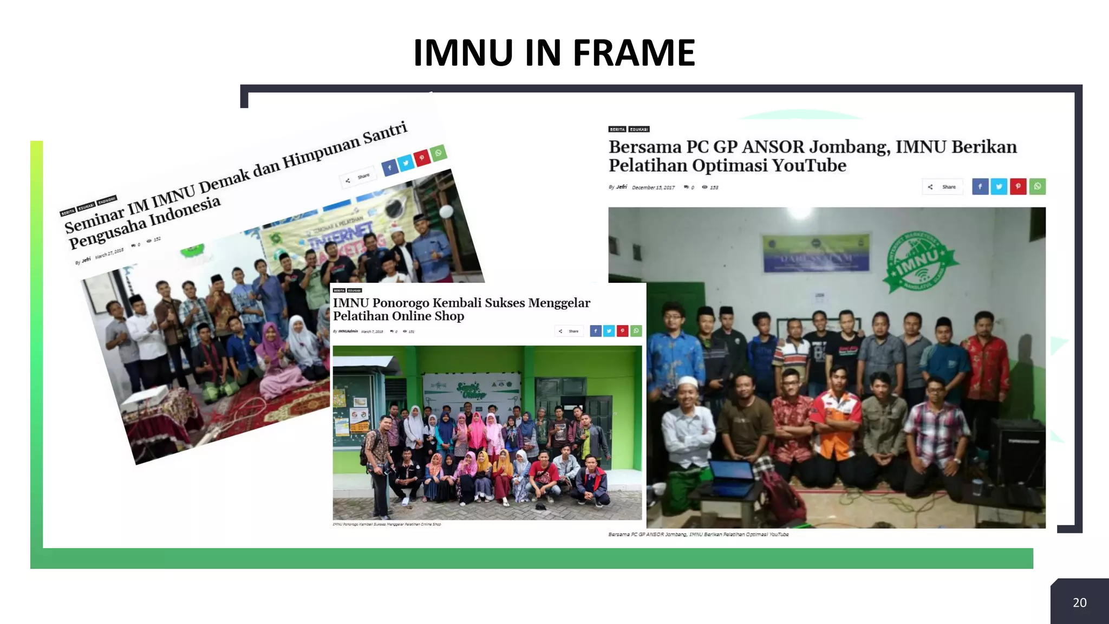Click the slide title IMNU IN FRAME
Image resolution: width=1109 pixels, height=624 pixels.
click(x=553, y=53)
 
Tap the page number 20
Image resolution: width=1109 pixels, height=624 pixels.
click(x=1079, y=602)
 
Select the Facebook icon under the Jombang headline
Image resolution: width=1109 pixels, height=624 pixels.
click(x=980, y=186)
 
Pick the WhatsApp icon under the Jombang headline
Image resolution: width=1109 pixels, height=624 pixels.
click(x=1037, y=186)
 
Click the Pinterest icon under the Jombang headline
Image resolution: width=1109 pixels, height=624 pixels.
click(x=1017, y=186)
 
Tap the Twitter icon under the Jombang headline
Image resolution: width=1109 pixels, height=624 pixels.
click(x=999, y=186)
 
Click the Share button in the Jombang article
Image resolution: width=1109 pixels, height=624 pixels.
click(x=943, y=187)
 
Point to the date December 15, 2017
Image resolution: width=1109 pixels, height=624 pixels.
click(x=653, y=187)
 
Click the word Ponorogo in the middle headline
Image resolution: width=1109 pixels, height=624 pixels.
click(x=400, y=303)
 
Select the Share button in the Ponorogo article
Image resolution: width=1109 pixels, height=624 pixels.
click(x=569, y=331)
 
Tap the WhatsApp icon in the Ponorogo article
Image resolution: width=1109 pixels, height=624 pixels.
click(x=636, y=331)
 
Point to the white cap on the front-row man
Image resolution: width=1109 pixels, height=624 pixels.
click(x=687, y=382)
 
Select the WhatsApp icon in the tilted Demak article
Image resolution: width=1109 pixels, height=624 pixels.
click(x=438, y=153)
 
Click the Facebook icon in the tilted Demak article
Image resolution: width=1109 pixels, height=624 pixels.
click(x=389, y=168)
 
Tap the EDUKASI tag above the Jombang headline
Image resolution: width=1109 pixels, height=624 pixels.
click(x=639, y=129)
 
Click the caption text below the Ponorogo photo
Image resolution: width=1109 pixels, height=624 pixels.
click(x=387, y=524)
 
